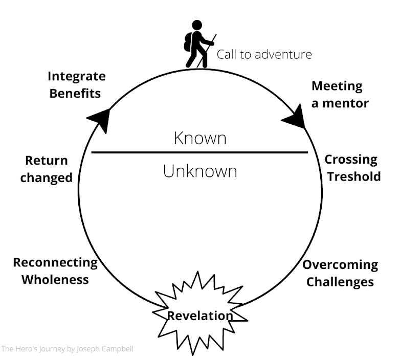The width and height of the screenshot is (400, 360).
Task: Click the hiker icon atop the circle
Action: click(198, 44)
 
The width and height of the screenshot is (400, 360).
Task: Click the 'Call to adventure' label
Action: click(264, 54)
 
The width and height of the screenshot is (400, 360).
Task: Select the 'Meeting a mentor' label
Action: click(340, 94)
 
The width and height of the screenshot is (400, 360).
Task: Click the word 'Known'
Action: click(199, 139)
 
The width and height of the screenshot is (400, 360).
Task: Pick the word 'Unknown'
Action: click(199, 171)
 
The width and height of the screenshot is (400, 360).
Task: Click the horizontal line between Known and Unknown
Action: click(199, 152)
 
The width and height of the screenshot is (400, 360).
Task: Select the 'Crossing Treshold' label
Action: click(353, 168)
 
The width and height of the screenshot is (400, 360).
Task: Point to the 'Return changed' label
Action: click(48, 169)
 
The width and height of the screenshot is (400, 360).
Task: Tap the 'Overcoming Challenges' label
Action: click(340, 273)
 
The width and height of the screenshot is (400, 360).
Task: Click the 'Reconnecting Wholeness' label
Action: click(55, 271)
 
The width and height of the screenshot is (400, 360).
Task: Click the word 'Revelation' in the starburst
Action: click(200, 316)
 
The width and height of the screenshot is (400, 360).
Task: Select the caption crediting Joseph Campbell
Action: click(67, 349)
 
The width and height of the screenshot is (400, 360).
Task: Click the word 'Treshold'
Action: click(354, 176)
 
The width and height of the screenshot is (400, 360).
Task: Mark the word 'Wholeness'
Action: click(55, 280)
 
